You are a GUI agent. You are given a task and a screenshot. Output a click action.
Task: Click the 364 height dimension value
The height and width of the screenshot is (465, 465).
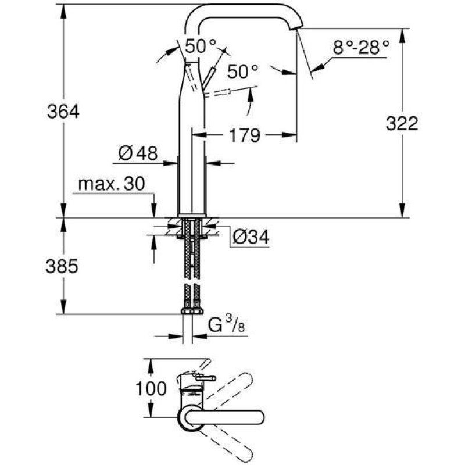[x=63, y=111]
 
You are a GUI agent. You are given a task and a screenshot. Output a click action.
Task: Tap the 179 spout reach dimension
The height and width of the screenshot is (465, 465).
[x=244, y=135]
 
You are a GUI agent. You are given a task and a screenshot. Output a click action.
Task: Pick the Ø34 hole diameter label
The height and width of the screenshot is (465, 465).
[x=251, y=236]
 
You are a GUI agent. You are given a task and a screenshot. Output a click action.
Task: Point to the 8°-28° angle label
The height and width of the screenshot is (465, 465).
[x=360, y=48]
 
